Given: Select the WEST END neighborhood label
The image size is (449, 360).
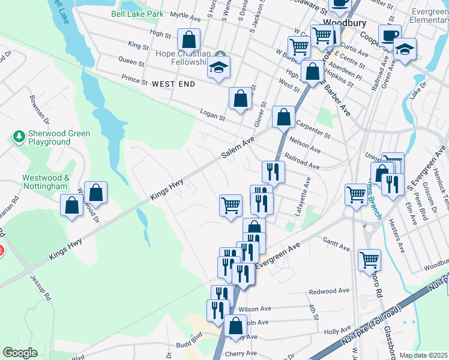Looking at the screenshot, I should click(x=173, y=84).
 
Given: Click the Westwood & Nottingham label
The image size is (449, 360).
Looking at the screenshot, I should click(x=46, y=182).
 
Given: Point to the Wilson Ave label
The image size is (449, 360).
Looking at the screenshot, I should click(x=255, y=309).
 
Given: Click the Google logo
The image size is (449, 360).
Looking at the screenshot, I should click(x=20, y=353).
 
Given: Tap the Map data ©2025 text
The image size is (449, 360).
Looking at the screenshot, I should click(x=423, y=355).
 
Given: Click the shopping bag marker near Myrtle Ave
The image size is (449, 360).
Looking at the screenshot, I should click(x=188, y=40).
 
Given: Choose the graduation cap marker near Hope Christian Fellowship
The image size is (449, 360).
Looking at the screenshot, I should click(x=218, y=68).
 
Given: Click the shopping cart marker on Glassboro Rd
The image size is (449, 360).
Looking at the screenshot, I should click(x=369, y=260).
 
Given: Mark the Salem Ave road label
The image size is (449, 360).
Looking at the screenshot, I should click(x=238, y=148).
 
